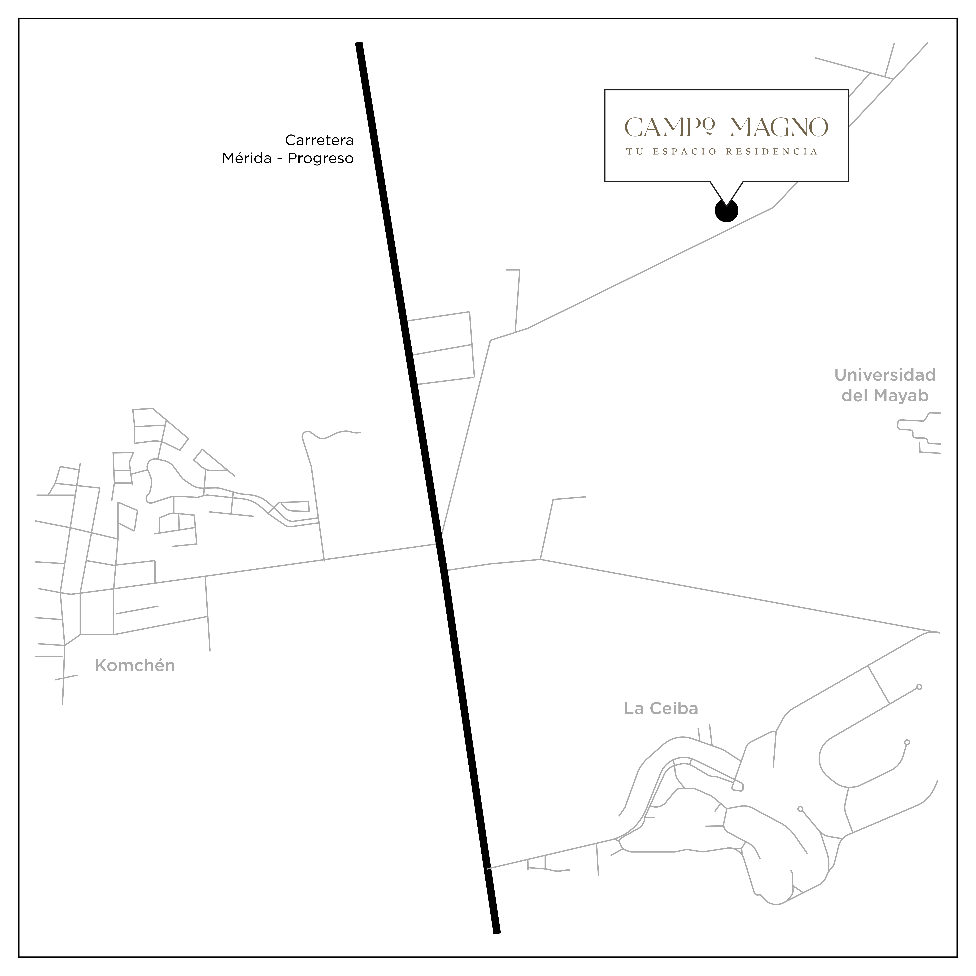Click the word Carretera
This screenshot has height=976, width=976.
pyautogui.click(x=319, y=140)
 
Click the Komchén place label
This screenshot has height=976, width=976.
pyautogui.click(x=135, y=666)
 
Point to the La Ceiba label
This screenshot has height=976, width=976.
pyautogui.click(x=661, y=709)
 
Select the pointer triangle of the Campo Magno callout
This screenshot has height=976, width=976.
pyautogui.click(x=726, y=192)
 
